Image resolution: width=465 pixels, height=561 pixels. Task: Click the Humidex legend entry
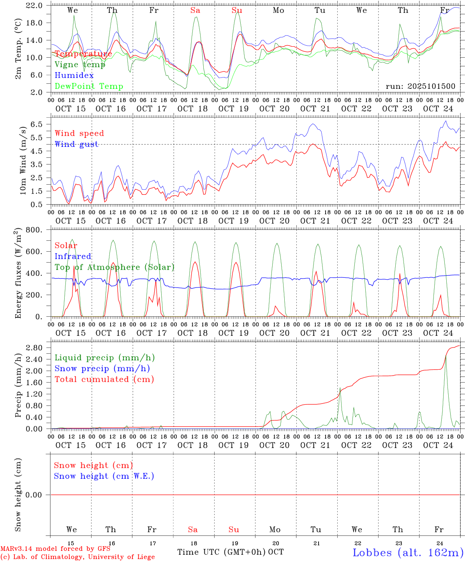(x=74, y=76)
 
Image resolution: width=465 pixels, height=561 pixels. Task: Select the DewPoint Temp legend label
(x=89, y=86)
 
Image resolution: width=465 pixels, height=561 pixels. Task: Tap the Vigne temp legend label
(x=80, y=65)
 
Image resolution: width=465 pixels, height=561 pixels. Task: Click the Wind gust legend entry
(x=76, y=144)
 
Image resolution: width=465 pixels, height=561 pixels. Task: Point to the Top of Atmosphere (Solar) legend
(x=114, y=267)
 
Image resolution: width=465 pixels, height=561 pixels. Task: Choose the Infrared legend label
(x=73, y=256)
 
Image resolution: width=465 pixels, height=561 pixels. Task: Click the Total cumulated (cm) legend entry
(x=104, y=379)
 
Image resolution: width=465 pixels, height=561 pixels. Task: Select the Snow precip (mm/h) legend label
(x=102, y=369)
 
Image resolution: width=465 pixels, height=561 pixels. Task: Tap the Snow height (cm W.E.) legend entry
(x=104, y=476)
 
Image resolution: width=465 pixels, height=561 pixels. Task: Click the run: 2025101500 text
(x=420, y=86)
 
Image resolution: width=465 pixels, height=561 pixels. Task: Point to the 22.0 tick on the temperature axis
(x=35, y=5)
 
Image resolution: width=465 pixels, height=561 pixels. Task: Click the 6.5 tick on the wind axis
(x=37, y=124)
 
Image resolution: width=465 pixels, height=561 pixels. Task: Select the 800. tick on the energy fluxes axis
(x=34, y=230)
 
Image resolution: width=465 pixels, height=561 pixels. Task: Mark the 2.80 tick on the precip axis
(x=36, y=348)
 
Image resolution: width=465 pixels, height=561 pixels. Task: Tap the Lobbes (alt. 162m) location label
(x=408, y=552)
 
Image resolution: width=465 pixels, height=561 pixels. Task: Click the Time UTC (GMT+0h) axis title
(x=222, y=552)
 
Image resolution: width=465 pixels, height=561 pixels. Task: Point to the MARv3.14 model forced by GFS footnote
(x=55, y=549)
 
